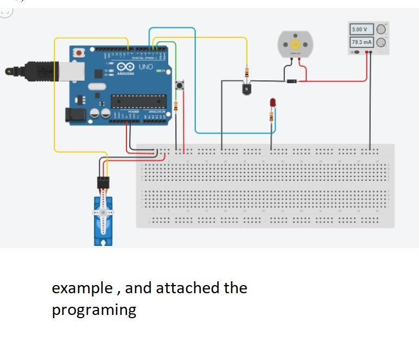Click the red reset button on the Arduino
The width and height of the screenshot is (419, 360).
(x=80, y=53)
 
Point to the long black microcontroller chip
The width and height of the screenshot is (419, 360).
(x=138, y=100)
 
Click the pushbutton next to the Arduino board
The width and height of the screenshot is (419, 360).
(x=180, y=85)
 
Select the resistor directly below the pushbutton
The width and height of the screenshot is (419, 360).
(x=176, y=107)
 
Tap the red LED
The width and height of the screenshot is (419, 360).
(x=272, y=102)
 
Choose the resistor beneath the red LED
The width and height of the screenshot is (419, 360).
(x=271, y=116)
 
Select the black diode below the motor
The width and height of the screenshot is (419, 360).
(x=292, y=81)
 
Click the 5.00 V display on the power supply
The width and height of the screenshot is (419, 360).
(x=360, y=29)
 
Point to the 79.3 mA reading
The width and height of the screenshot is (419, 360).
(x=360, y=42)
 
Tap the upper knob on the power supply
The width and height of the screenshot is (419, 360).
(x=382, y=29)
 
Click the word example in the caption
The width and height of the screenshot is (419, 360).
(x=82, y=288)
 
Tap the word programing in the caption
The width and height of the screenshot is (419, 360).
(x=94, y=310)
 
